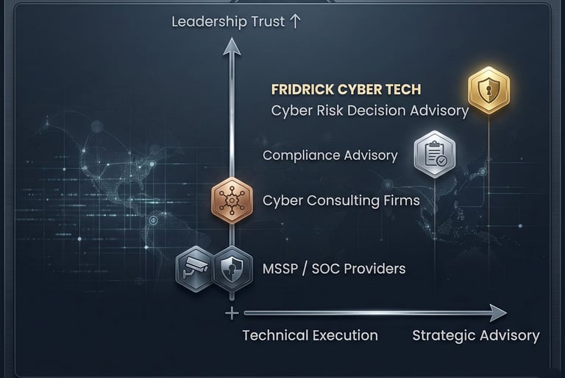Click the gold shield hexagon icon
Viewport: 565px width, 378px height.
[489, 90]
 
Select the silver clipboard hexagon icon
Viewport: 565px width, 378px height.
[435, 155]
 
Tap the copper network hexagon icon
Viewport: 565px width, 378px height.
[232, 200]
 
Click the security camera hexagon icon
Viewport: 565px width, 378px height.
[196, 269]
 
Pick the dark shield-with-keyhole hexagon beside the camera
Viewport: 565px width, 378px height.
[232, 269]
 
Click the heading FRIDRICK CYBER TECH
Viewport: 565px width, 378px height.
[346, 89]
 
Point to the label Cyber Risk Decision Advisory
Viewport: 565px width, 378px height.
[369, 111]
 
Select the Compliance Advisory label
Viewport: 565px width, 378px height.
[330, 155]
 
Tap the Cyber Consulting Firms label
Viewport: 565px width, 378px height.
[341, 200]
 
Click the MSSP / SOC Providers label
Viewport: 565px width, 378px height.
[333, 268]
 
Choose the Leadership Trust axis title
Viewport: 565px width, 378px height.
[228, 21]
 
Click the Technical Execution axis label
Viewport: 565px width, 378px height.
[310, 335]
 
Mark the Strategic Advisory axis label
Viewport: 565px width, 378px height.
[475, 335]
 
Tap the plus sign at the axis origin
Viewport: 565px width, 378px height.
[232, 312]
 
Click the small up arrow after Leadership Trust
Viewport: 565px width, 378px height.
[295, 21]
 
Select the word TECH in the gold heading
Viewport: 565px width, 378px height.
[402, 89]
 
